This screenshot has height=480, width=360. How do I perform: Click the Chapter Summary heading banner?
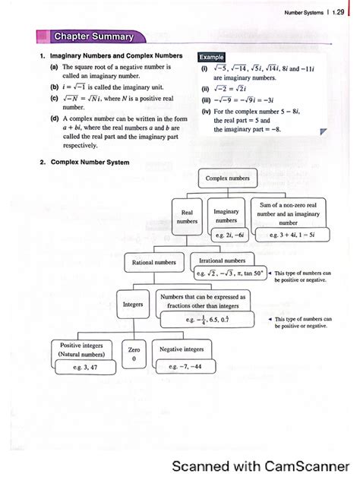[x=93, y=36]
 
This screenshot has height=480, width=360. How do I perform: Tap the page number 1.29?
[x=338, y=13]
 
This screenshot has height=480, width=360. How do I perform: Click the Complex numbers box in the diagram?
[x=227, y=178]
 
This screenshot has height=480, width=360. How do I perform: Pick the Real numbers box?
[x=187, y=216]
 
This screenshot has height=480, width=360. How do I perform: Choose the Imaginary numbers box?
[x=227, y=215]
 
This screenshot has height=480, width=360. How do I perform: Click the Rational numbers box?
[x=154, y=262]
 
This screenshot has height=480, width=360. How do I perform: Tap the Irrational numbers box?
[x=222, y=260]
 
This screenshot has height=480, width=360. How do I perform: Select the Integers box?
[x=133, y=305]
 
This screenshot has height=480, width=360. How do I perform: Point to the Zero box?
[x=134, y=354]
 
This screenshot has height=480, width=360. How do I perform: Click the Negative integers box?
[x=182, y=349]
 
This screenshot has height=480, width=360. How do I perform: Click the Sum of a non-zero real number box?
[x=288, y=213]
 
